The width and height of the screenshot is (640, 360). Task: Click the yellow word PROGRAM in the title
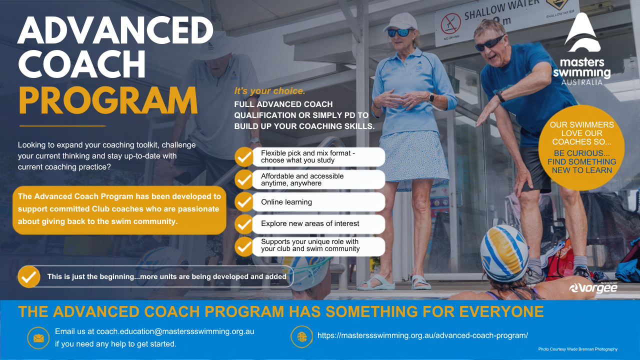(x=108, y=100)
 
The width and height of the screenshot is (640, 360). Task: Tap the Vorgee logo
(x=593, y=288)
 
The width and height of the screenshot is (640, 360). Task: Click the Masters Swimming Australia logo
(x=581, y=49)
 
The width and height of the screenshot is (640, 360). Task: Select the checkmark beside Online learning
(x=244, y=202)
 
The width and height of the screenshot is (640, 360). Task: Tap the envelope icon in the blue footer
(x=38, y=338)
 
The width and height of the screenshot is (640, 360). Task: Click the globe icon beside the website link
(x=301, y=337)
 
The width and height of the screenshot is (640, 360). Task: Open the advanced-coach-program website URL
(x=422, y=335)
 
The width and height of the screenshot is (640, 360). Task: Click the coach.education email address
(x=175, y=331)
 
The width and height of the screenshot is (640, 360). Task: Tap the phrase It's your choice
(x=269, y=91)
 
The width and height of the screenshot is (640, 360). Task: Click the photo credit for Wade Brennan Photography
(x=577, y=349)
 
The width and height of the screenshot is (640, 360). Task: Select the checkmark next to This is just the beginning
(x=29, y=276)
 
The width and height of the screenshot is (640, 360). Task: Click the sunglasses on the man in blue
(x=489, y=43)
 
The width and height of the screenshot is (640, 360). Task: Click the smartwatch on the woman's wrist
(x=431, y=98)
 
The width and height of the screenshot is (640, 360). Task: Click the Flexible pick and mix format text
(x=308, y=156)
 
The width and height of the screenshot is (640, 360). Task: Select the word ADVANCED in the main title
(x=115, y=30)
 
